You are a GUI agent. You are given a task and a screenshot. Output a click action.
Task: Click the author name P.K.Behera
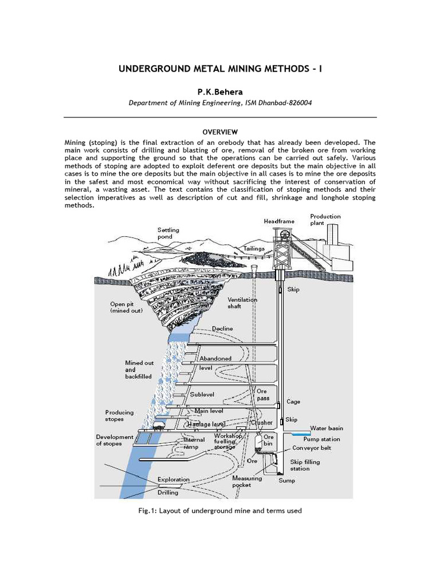pos(220,92)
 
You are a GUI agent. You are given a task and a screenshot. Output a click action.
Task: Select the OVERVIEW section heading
pos(219,132)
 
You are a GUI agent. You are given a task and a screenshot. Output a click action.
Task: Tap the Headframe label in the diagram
pos(279,221)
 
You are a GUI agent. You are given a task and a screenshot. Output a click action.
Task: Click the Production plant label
pos(325,220)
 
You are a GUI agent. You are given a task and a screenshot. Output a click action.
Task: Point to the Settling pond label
pos(168,233)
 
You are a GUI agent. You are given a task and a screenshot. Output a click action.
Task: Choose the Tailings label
pos(254,249)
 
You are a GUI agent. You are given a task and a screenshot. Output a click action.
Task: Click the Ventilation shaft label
pos(242,303)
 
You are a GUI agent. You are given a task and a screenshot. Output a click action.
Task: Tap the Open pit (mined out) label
pos(127,307)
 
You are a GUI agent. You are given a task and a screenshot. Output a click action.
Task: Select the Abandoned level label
pos(215,362)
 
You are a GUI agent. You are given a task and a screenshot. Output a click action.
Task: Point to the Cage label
pos(293,402)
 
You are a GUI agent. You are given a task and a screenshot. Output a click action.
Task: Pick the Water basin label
pos(327,428)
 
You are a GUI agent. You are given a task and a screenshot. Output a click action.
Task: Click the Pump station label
pos(321,439)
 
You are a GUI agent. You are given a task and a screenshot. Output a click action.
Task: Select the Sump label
pos(287,481)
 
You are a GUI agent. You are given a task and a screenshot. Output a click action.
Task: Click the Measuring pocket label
pos(247,481)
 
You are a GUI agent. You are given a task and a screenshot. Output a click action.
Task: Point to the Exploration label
pos(173,480)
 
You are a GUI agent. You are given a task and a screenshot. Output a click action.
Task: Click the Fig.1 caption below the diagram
pos(220,510)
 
